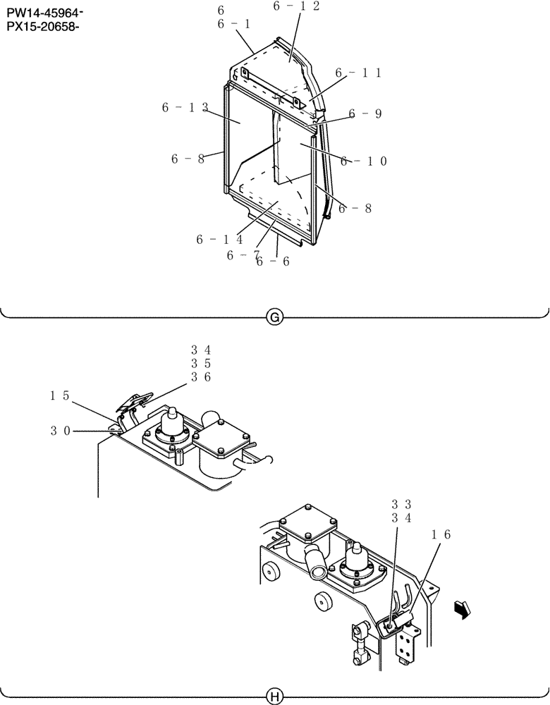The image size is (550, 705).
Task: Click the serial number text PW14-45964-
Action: (x=43, y=13)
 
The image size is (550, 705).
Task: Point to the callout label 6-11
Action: (x=358, y=73)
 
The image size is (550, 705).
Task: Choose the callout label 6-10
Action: (x=364, y=161)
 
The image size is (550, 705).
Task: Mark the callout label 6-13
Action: (x=185, y=107)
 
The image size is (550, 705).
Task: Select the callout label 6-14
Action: (x=219, y=240)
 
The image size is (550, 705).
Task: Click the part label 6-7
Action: (x=243, y=255)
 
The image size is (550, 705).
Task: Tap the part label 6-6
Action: (x=273, y=262)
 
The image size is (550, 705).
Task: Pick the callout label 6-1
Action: (x=233, y=24)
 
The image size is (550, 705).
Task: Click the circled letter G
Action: (x=274, y=318)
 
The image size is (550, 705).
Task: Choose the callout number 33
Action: (x=401, y=504)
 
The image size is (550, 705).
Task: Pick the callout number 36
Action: (x=201, y=378)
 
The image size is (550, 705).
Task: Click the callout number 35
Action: (x=201, y=364)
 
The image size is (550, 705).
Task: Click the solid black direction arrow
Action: (x=462, y=608)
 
